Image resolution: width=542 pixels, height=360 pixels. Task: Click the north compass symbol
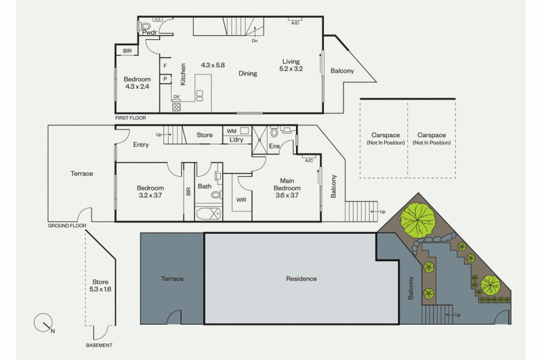tap(44, 323)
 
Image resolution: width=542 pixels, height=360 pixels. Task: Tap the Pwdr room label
tap(150, 33)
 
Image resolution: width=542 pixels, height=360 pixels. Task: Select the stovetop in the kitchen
tap(176, 107)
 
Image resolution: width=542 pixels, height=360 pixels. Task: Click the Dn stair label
tap(255, 41)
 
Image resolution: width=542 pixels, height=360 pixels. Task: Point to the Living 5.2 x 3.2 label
tap(291, 65)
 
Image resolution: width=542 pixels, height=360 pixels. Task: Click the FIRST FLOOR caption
tap(131, 118)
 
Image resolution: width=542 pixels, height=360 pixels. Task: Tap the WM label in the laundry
tap(232, 131)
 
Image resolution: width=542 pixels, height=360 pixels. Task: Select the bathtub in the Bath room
tap(209, 214)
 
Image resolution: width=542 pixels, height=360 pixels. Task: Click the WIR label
tap(241, 200)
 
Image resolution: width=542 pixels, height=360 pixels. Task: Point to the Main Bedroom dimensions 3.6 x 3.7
tap(287, 195)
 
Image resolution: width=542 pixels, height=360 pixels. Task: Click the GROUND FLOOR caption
tap(67, 226)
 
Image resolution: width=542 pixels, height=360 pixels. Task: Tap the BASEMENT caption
tap(99, 345)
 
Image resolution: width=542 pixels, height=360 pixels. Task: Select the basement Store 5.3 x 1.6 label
tap(100, 285)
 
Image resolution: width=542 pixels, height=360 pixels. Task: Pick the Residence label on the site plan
tap(301, 279)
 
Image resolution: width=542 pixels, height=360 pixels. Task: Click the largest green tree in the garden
tap(418, 218)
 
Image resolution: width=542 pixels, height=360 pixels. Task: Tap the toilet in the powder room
tap(146, 26)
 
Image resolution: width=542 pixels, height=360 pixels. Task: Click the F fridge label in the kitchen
tap(165, 66)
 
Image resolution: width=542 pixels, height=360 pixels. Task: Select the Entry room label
tap(141, 144)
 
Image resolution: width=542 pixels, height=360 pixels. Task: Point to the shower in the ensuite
tap(259, 140)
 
